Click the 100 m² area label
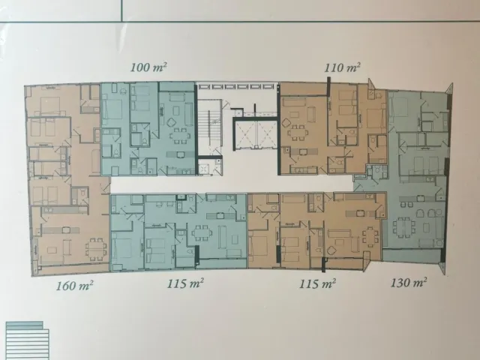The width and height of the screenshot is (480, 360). [148, 67]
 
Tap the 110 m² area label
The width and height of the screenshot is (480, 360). [342, 67]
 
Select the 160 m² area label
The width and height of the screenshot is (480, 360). [74, 286]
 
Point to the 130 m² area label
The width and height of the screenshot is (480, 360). [409, 282]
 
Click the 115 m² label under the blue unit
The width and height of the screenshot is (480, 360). [185, 283]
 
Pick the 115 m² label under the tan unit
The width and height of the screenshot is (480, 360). [317, 283]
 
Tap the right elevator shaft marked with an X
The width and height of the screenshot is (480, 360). [267, 134]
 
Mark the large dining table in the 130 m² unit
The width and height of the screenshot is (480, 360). [404, 226]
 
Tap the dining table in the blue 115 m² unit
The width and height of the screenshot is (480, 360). [202, 233]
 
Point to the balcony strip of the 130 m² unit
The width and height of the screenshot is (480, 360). [412, 256]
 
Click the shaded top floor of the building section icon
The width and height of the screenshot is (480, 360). [25, 325]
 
